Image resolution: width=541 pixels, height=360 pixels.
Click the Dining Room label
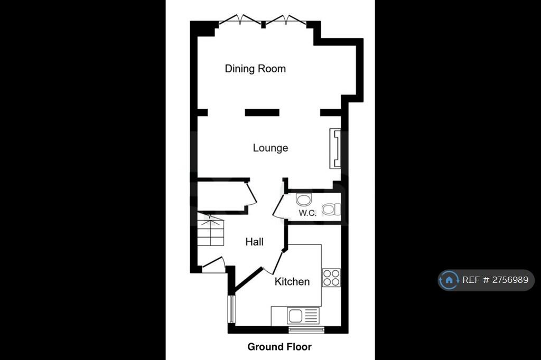[255, 69]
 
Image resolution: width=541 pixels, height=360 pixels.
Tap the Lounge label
[270, 148]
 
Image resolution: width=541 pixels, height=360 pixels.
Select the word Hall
[254, 242]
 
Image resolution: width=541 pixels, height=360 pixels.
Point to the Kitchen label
[292, 281]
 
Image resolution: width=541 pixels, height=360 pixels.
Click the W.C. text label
[307, 213]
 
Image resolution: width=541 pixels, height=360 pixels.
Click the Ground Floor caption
[279, 347]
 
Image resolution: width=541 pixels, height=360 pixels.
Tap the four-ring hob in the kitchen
[331, 278]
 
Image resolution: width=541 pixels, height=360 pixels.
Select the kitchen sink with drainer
[303, 316]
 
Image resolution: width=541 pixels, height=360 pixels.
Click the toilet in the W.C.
[331, 210]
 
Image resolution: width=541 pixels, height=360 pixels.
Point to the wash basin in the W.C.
[304, 200]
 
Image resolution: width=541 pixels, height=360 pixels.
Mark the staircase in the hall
[210, 230]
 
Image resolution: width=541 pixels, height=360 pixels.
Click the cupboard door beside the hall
[251, 194]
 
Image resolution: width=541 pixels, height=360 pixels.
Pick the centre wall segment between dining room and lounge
[262, 112]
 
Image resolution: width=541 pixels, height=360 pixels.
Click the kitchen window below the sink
[306, 330]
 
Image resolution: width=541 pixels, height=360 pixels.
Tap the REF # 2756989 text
[495, 280]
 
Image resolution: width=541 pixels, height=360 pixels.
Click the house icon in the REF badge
[449, 280]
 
